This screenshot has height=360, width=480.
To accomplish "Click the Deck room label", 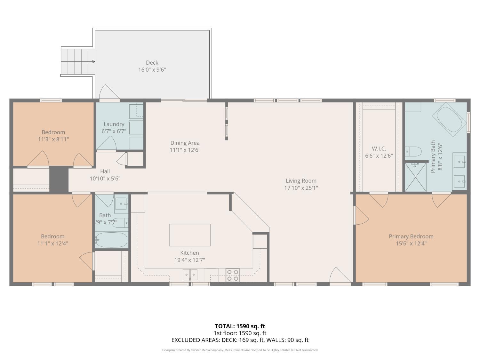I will [x=152, y=63].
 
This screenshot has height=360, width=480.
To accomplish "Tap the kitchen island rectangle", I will [x=190, y=235].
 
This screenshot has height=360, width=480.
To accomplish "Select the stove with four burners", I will [x=233, y=275].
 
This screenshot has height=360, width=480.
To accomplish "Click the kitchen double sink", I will [x=190, y=275].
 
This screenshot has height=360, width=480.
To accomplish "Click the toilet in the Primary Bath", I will [x=413, y=151].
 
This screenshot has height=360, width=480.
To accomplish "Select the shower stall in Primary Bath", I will [x=416, y=177].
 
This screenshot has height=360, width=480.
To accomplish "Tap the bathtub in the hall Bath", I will [x=112, y=240].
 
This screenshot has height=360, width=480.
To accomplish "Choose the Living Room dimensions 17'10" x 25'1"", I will [x=301, y=188].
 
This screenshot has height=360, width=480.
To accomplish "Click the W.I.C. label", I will [x=379, y=148].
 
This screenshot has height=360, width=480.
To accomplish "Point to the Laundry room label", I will [x=114, y=124].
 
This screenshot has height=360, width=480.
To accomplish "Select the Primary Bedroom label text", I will [x=411, y=236].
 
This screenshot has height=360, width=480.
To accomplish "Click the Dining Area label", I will [x=185, y=143].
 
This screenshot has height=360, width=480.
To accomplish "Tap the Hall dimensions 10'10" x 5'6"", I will [x=105, y=179].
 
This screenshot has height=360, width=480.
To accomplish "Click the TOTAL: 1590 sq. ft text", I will [x=240, y=326].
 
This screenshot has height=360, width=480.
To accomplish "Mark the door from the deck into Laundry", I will [x=109, y=92].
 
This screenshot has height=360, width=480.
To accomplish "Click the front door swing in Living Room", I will [x=340, y=276].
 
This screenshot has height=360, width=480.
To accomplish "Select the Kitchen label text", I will [x=189, y=253].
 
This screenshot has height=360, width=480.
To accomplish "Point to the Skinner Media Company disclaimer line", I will [x=240, y=350].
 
